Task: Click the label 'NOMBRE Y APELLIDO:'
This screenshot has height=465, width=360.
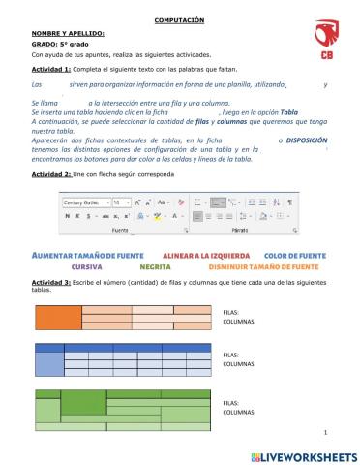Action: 67,33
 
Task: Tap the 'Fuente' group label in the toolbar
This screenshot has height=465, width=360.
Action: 120,232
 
